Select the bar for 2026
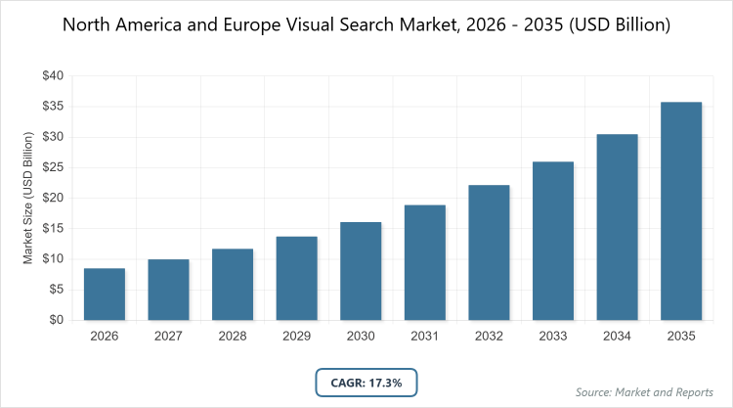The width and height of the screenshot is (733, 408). pos(105,294)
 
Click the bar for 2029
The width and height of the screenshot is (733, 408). pos(297,278)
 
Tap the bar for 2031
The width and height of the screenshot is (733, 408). pos(425,262)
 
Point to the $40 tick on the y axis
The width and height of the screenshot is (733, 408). pos(52,75)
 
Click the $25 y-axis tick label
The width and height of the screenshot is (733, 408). pos(52,167)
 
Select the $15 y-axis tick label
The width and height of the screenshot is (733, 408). pos(52,228)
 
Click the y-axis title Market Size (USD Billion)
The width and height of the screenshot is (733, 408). pos(28,198)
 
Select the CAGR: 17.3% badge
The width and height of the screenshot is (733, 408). pos(366,382)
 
